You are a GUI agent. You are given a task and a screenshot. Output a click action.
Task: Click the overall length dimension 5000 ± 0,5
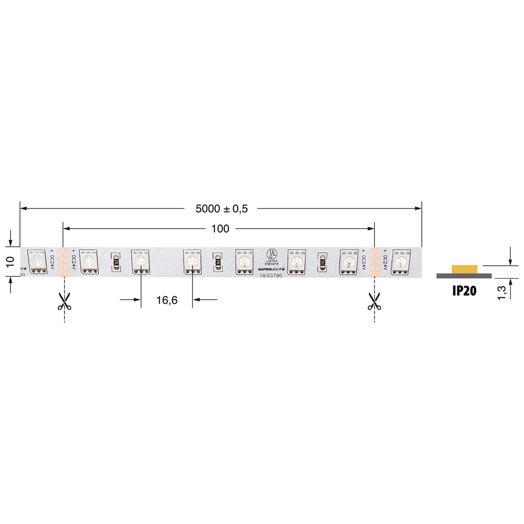point(221,209)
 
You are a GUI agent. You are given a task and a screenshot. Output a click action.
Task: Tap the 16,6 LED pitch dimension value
point(167,300)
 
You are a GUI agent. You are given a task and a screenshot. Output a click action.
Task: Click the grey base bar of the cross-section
point(464,275)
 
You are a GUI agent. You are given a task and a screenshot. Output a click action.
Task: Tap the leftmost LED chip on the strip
point(37,260)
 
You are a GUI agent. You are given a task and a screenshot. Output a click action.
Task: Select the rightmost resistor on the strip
point(323,261)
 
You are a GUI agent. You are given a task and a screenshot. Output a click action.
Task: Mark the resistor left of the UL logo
point(217,261)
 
